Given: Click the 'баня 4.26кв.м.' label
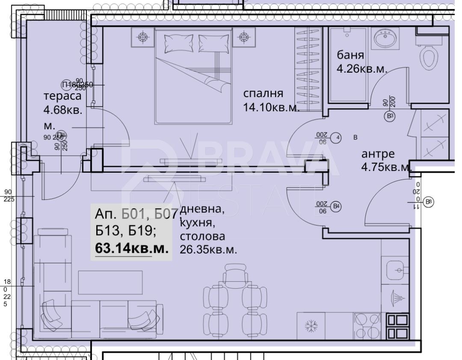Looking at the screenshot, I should click(x=361, y=62).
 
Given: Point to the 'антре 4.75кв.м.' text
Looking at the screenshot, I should click(x=385, y=160).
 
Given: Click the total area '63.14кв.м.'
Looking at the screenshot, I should click(x=131, y=248).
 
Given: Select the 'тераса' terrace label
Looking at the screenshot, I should click(x=62, y=95).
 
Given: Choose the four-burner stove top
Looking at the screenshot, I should click(x=367, y=326).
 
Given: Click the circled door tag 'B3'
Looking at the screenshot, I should click(x=389, y=115).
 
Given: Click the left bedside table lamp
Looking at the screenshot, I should click(x=142, y=37).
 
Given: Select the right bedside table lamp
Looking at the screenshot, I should click(x=244, y=37).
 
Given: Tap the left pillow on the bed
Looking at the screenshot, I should click(x=175, y=43).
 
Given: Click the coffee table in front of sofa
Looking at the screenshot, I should click(x=110, y=283).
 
